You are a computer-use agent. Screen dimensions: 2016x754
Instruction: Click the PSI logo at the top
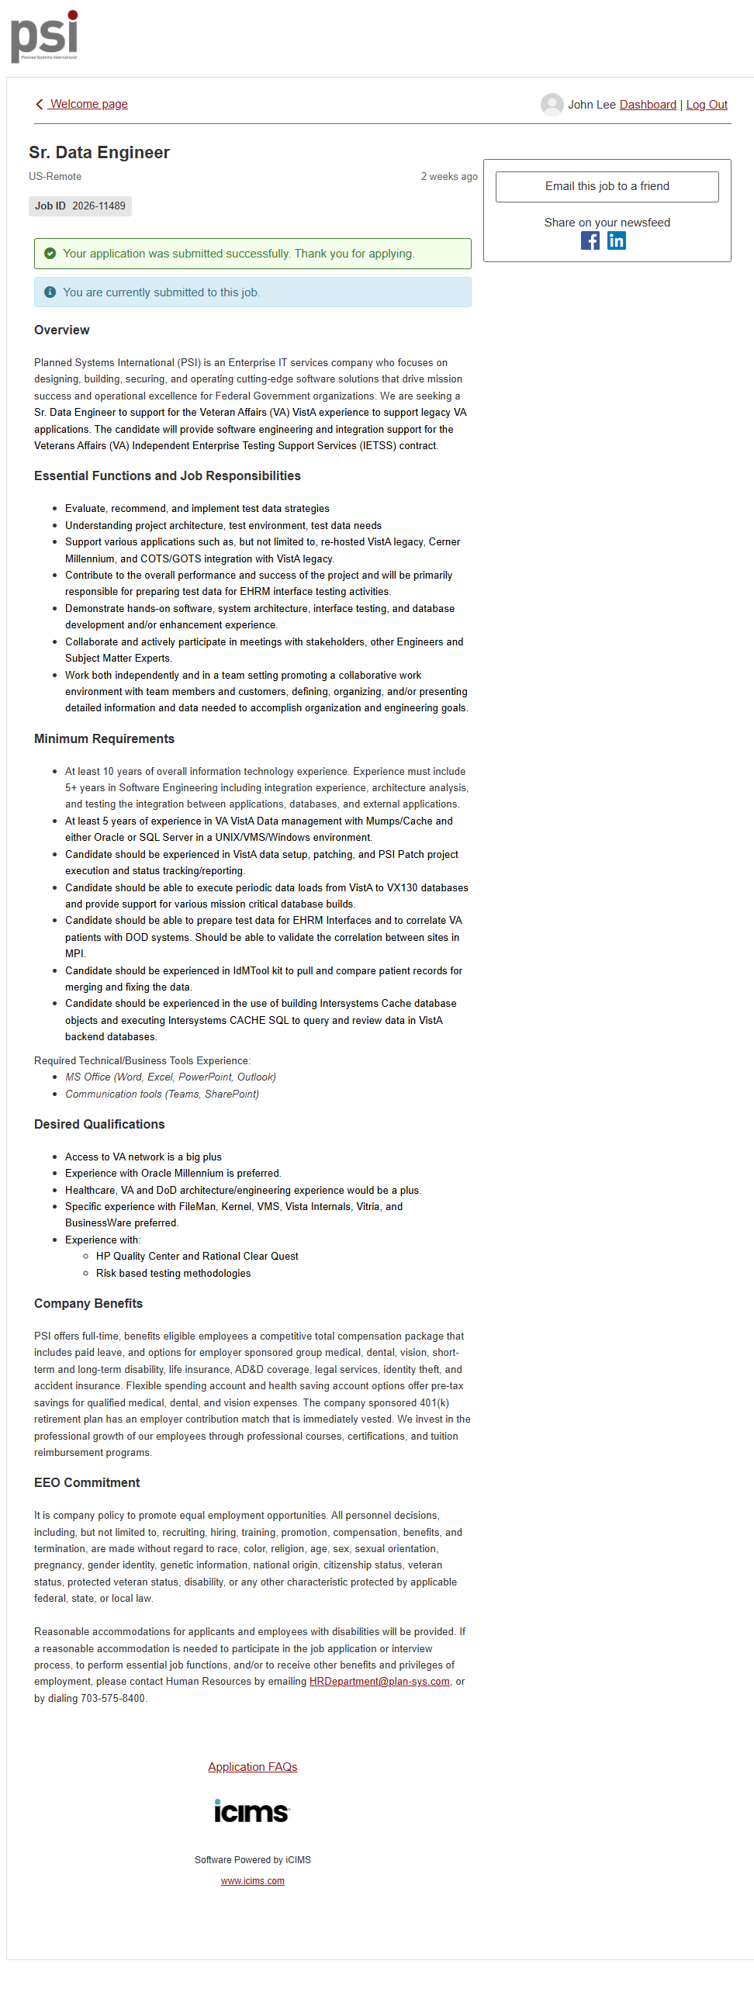(x=44, y=36)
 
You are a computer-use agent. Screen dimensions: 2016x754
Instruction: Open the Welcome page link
(x=88, y=104)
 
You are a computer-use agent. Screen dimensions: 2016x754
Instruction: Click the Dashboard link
(x=647, y=105)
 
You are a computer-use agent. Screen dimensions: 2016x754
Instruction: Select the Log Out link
(x=706, y=105)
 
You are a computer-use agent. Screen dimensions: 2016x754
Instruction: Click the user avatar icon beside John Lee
(x=552, y=105)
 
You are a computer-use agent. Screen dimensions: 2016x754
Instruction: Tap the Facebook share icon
(x=590, y=241)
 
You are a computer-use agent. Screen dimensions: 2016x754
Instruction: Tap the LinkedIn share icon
(x=616, y=241)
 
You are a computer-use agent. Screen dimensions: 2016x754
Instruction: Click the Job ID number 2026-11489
(x=99, y=206)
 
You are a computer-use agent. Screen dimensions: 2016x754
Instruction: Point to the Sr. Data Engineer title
(x=99, y=153)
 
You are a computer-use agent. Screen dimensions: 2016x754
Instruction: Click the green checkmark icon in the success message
(x=50, y=254)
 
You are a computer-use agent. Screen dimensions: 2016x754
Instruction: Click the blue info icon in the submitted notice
(x=50, y=292)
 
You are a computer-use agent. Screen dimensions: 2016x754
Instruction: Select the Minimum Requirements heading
(x=104, y=738)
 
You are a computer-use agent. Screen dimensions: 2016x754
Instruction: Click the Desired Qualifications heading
(x=99, y=1124)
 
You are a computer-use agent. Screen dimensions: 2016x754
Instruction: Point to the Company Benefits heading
(x=88, y=1303)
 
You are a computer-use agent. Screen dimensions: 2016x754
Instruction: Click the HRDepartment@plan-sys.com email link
(x=379, y=1681)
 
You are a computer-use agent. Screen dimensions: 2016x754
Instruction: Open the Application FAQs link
(x=252, y=1766)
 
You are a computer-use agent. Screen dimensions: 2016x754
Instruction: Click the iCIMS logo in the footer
(x=252, y=1811)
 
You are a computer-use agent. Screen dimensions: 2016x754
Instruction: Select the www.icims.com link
(x=252, y=1880)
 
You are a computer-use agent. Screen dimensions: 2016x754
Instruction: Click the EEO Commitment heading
(x=87, y=1482)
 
